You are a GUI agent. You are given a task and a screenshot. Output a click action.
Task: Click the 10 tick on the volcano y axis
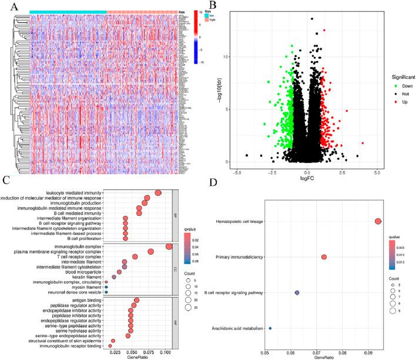[231, 57]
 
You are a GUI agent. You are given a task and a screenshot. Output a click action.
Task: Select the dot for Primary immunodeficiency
[324, 257]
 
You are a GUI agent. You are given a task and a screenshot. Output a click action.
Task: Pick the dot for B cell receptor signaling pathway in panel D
[297, 293]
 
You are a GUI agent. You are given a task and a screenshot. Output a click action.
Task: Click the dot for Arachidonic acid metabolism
[270, 328]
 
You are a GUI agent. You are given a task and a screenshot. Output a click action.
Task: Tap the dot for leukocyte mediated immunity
[157, 192]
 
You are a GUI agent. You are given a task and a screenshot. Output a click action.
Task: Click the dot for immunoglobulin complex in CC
[169, 246]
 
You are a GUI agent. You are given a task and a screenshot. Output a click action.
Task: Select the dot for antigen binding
[136, 301]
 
